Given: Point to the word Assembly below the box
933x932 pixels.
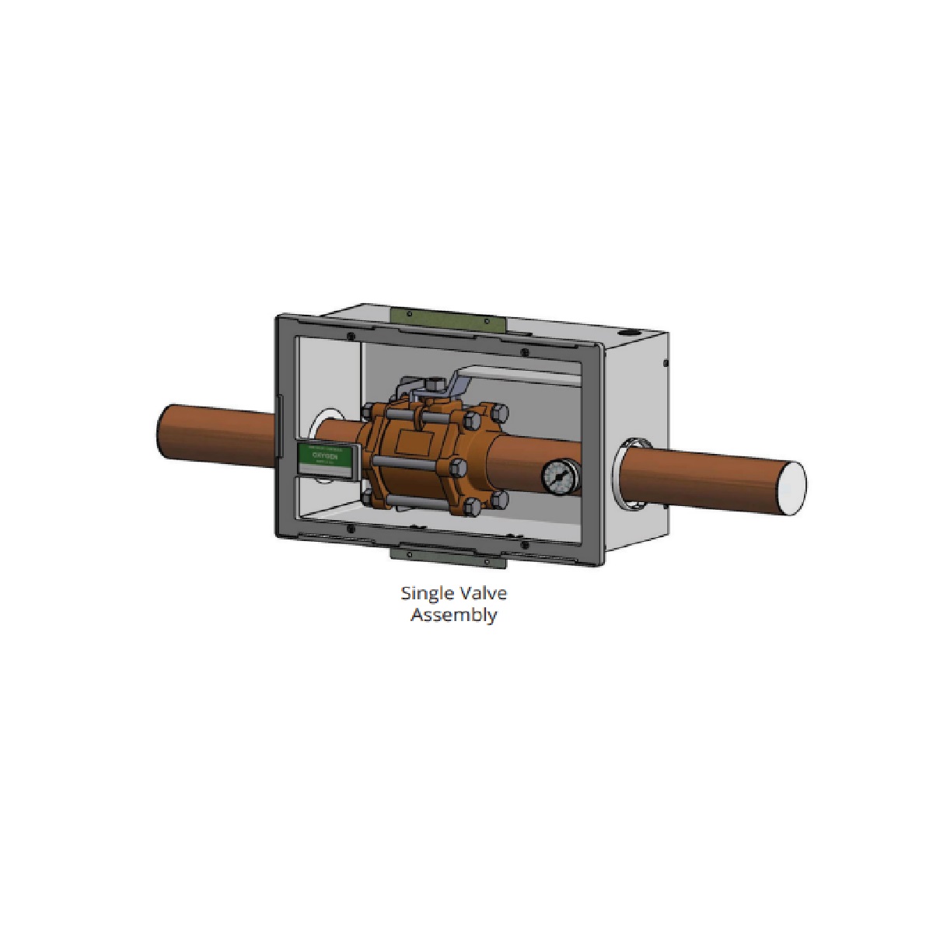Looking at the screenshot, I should tap(453, 615).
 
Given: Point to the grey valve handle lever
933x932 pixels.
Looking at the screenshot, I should tap(521, 379).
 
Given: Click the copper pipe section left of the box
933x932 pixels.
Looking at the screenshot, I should tap(216, 435).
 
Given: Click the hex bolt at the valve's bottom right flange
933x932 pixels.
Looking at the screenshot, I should tap(498, 498).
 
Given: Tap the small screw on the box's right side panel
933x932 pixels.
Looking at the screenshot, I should tap(666, 362).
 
